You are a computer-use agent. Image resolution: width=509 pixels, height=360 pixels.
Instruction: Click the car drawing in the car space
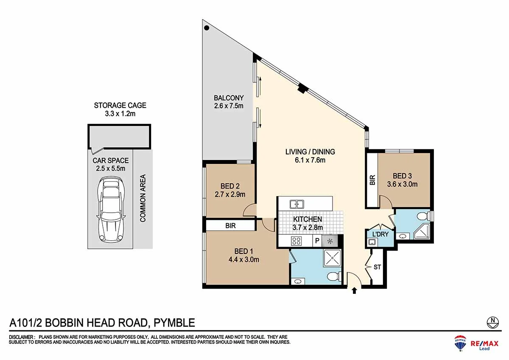[x=111, y=210]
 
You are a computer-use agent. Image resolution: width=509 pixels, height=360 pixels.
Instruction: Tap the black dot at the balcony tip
[x=207, y=28]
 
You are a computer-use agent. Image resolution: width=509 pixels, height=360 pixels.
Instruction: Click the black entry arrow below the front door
[x=354, y=291]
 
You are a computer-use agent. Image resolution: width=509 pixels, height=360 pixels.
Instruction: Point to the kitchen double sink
[x=297, y=204]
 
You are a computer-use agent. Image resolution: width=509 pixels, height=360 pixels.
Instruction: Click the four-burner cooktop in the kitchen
[x=296, y=241]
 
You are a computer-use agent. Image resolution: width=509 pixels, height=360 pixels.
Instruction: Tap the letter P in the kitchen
[x=317, y=241]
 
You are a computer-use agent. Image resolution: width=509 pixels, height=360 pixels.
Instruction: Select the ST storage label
[x=377, y=267]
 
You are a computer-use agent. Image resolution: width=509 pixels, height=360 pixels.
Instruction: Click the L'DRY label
[x=380, y=234]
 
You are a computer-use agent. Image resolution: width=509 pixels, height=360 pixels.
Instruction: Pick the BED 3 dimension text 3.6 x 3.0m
[x=402, y=184]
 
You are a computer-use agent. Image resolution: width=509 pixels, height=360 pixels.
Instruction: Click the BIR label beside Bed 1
[x=230, y=225]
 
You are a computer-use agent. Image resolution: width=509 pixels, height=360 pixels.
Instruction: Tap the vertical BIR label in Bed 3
[x=372, y=180]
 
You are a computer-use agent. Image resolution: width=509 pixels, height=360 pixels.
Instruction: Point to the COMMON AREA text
[x=143, y=198]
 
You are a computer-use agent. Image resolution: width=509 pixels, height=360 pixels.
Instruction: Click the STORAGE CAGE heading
[x=120, y=105]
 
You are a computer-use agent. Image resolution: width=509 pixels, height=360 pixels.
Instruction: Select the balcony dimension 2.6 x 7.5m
[x=229, y=106]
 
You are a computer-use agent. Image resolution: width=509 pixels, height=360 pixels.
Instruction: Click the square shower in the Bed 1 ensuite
[x=332, y=258]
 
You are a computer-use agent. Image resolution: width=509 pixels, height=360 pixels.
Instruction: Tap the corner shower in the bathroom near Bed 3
[x=422, y=231]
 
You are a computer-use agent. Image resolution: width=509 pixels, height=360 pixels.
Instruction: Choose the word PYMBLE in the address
[x=174, y=323]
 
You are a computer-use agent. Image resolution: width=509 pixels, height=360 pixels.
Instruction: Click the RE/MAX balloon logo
[x=460, y=343]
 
